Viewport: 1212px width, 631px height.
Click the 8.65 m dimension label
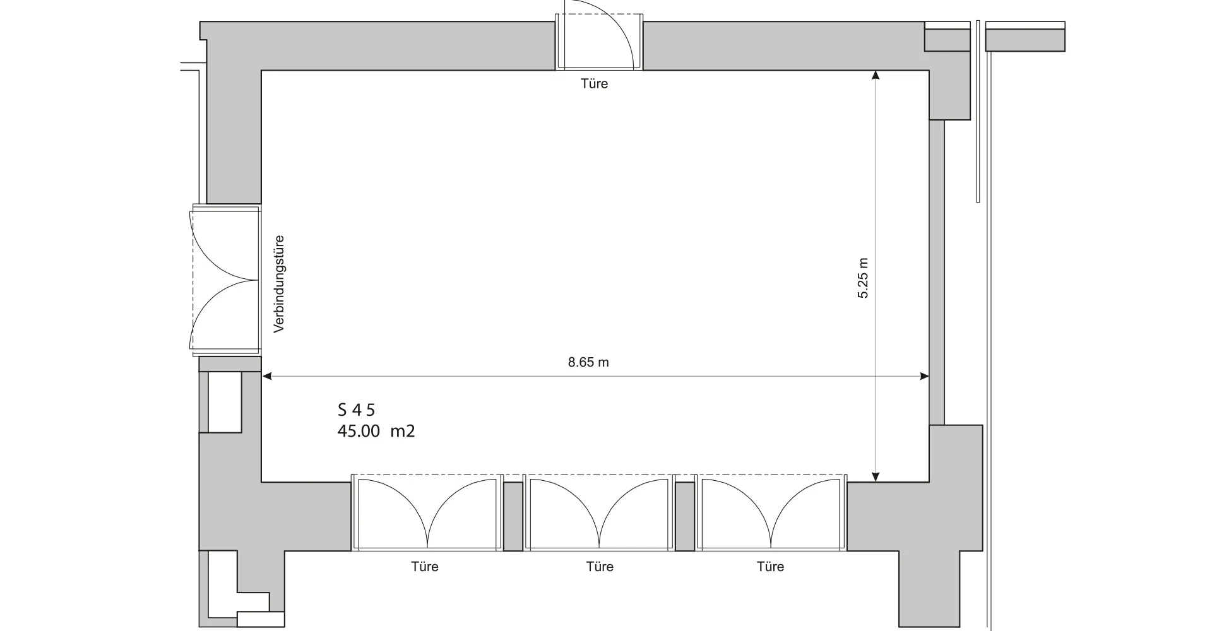tap(588, 362)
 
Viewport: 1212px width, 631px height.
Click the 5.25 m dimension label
tap(863, 278)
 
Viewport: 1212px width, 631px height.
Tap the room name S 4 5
tap(356, 410)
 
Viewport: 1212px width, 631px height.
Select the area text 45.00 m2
tap(376, 432)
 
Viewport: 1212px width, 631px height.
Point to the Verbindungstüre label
tap(279, 283)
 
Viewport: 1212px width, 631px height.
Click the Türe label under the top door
tap(594, 83)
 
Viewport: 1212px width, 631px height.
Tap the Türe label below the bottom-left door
tap(424, 567)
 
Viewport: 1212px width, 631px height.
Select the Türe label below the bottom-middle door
tap(599, 567)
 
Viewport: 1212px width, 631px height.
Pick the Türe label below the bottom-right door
tap(770, 567)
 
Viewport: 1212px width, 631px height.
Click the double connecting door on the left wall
tap(225, 279)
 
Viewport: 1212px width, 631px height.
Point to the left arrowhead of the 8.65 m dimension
tap(266, 376)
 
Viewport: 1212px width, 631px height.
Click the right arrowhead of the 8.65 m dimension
tap(925, 376)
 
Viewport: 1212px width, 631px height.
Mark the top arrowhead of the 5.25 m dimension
tap(876, 75)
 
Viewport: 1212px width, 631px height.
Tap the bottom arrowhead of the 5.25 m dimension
tap(876, 477)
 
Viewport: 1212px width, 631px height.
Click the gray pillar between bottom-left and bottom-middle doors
tap(513, 516)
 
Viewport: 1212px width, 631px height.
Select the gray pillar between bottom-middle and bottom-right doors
tap(685, 516)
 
